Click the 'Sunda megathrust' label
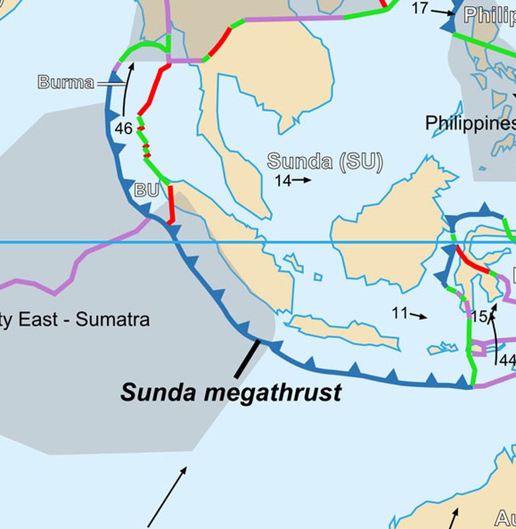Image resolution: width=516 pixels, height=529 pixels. tap(231, 392)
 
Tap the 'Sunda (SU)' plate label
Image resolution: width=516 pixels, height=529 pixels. tap(325, 161)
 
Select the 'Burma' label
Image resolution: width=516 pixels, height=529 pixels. tap(65, 83)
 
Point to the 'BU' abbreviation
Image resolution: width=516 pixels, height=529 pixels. tap(146, 190)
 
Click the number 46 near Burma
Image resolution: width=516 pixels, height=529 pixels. tap(124, 128)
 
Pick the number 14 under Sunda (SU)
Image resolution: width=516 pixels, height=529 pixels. tap(282, 181)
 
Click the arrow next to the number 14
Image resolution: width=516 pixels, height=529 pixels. tap(302, 180)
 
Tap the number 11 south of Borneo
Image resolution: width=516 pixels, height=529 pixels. tap(399, 313)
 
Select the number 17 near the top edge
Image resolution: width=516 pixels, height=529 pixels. tap(420, 8)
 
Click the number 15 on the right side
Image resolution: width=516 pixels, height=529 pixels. tap(478, 317)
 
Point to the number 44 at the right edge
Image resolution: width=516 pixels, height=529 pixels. tap(507, 360)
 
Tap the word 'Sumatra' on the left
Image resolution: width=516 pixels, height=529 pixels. tap(112, 320)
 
